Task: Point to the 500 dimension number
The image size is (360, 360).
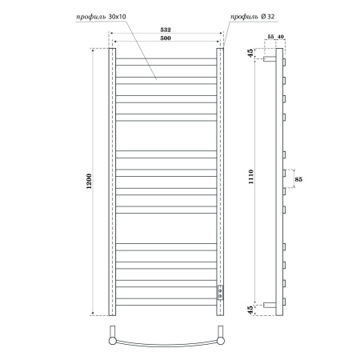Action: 165,40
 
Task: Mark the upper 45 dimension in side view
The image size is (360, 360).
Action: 251,54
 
